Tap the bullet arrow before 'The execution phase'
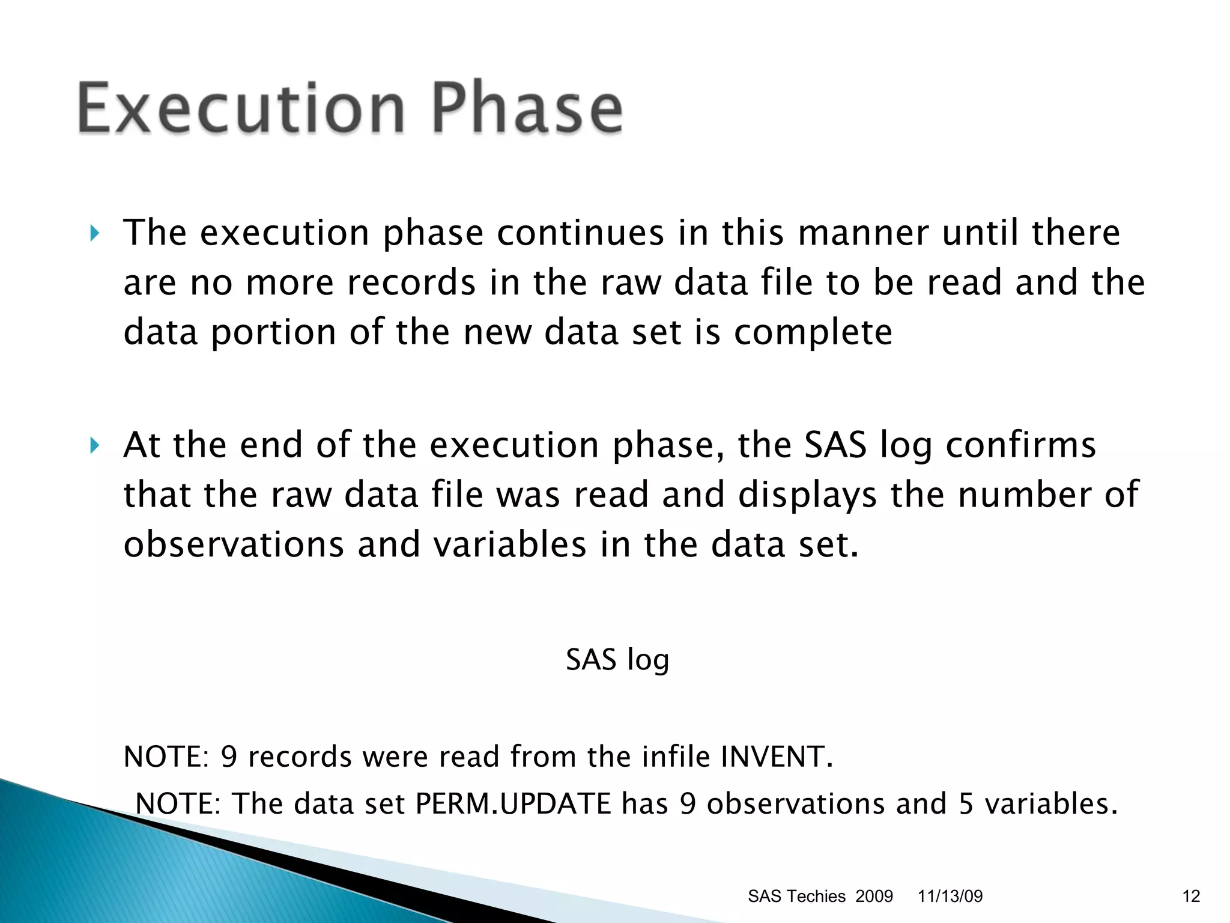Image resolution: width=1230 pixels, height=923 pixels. pyautogui.click(x=94, y=233)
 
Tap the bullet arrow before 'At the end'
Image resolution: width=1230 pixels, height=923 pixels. pyautogui.click(x=94, y=445)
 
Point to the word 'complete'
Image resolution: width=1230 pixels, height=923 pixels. pyautogui.click(x=813, y=334)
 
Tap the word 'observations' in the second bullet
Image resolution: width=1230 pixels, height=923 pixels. pyautogui.click(x=234, y=545)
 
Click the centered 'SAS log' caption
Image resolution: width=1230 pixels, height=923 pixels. pyautogui.click(x=617, y=660)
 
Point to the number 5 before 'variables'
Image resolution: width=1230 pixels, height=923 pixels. pyautogui.click(x=966, y=804)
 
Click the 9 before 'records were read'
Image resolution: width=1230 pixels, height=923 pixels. pyautogui.click(x=229, y=757)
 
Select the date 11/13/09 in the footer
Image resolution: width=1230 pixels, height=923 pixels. pyautogui.click(x=950, y=897)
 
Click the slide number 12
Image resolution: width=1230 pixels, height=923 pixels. pyautogui.click(x=1191, y=897)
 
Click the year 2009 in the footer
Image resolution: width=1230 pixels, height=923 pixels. pyautogui.click(x=874, y=897)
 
